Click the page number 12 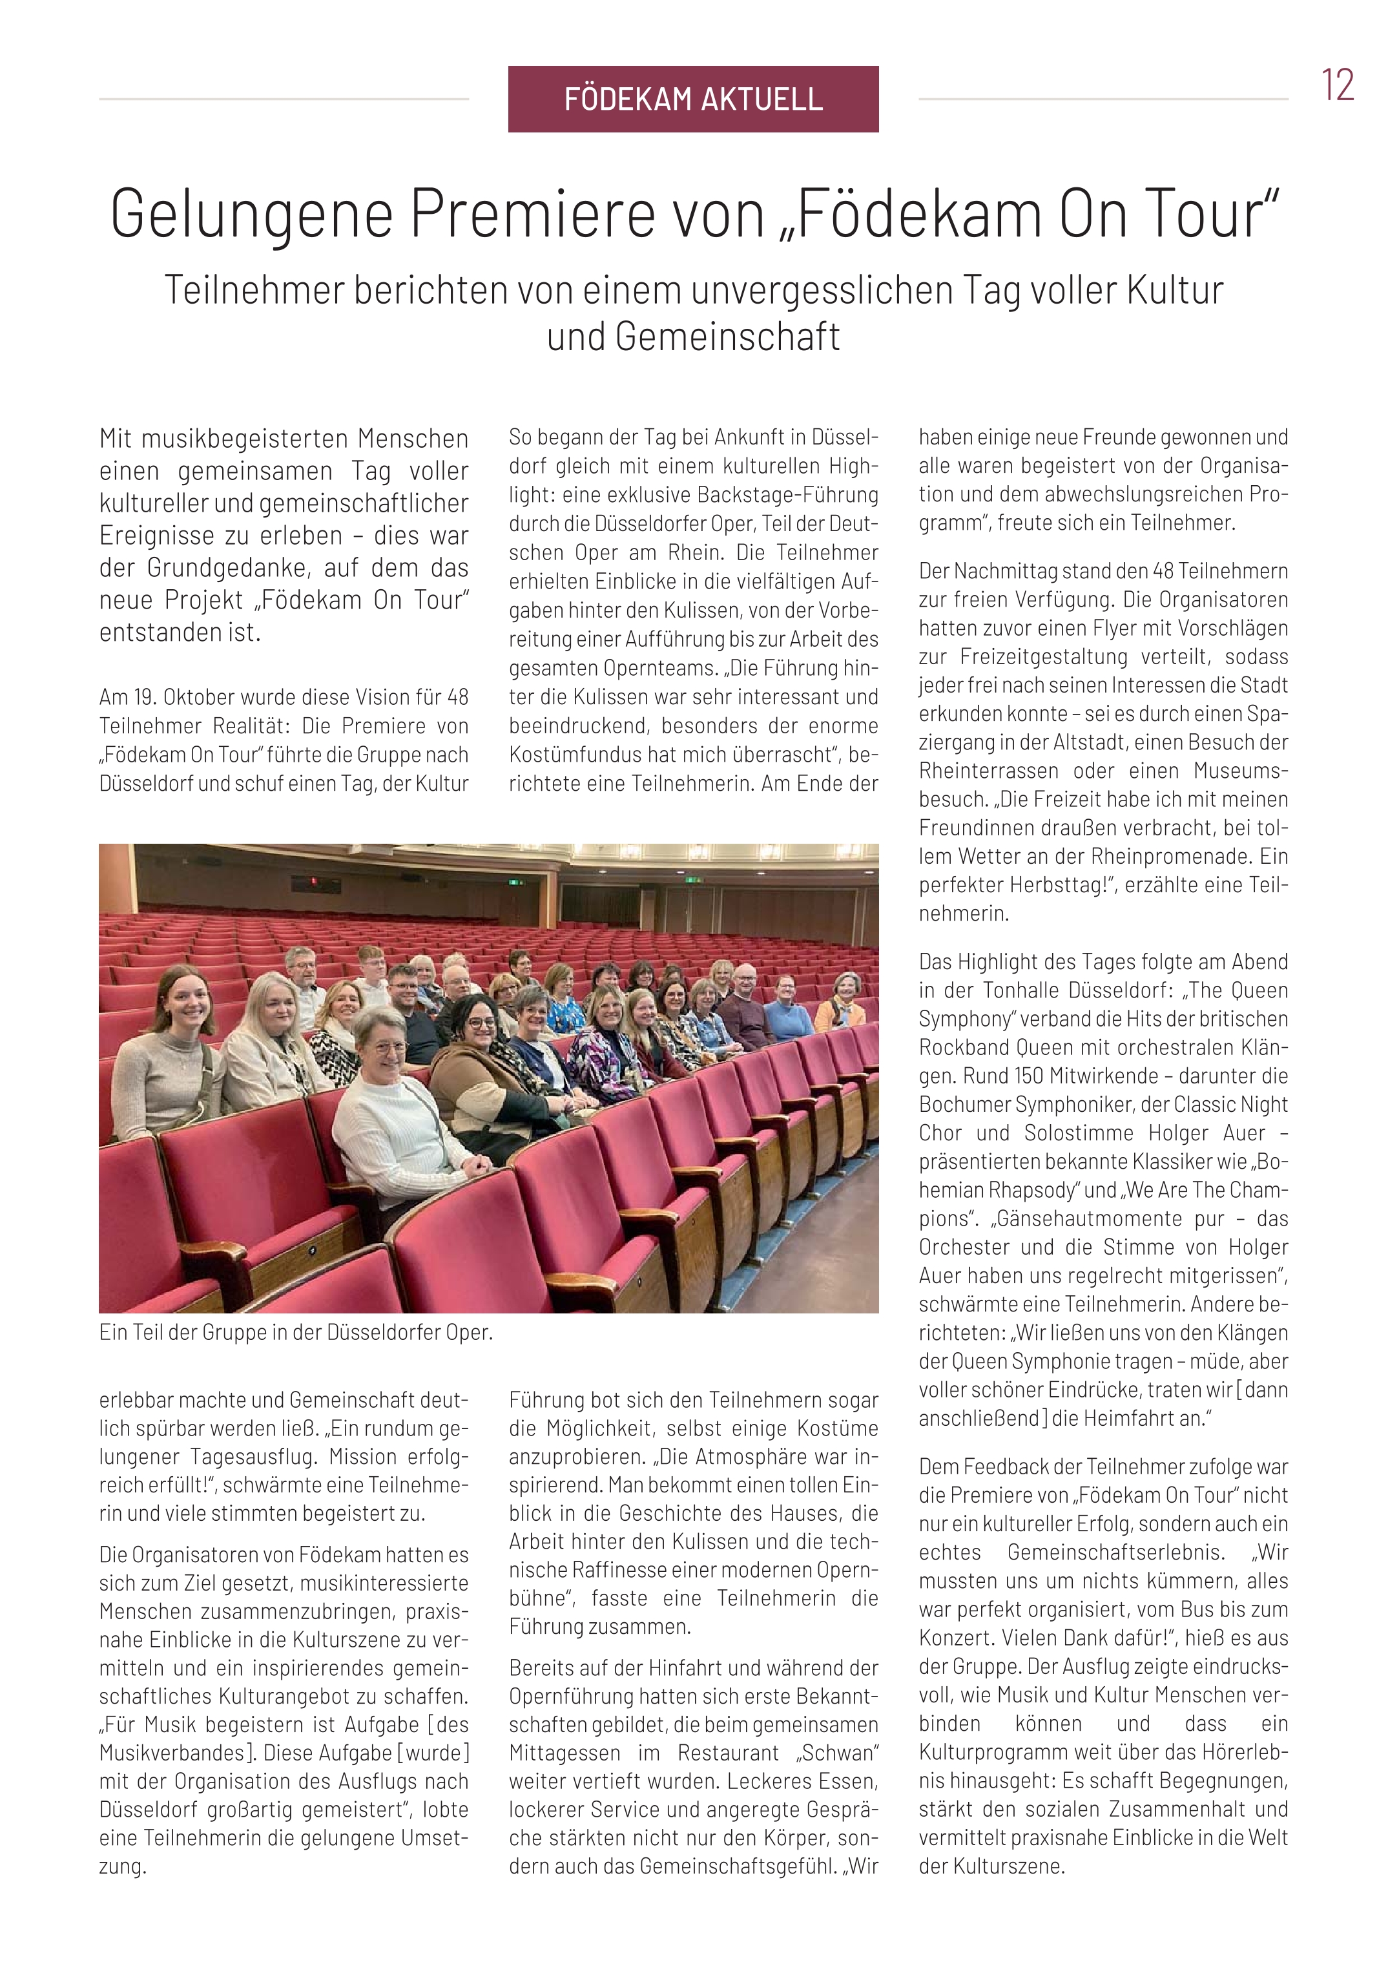pos(1337,85)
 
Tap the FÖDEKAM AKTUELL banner pos(693,99)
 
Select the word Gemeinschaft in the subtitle pos(693,336)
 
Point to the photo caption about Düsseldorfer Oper pos(296,1332)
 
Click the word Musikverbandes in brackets pos(175,1753)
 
